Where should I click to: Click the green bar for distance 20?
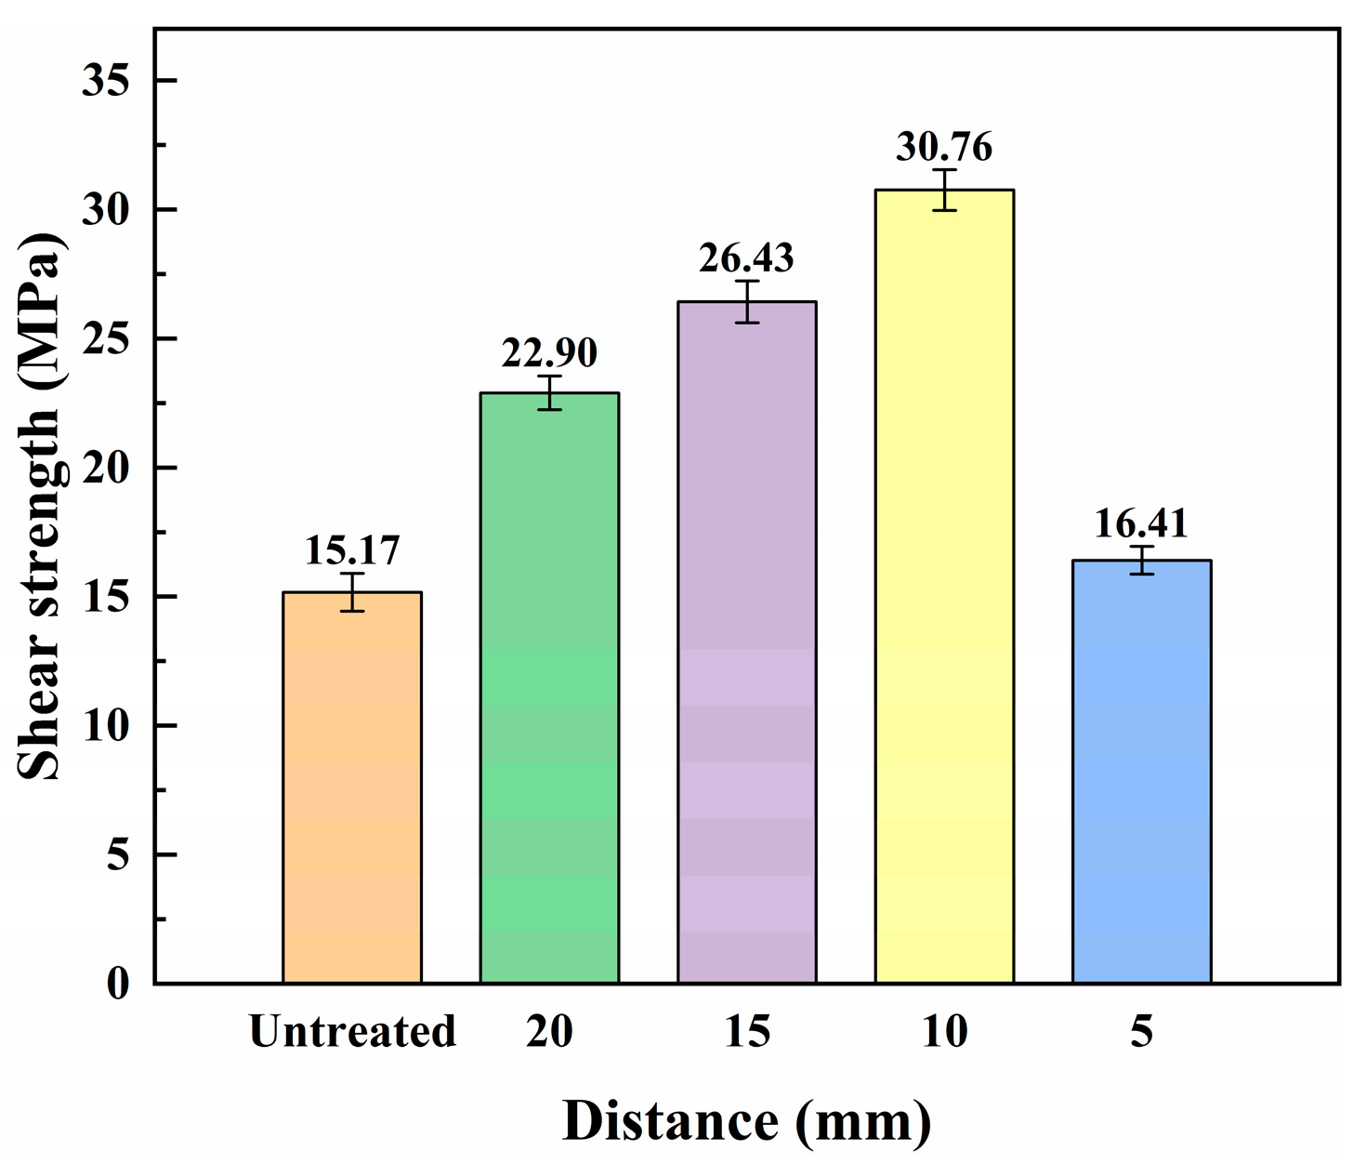pyautogui.click(x=549, y=688)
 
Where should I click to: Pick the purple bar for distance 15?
pyautogui.click(x=747, y=642)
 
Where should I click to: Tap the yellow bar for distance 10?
pyautogui.click(x=944, y=586)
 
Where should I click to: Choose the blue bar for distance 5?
pyautogui.click(x=1141, y=772)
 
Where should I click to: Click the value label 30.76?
pyautogui.click(x=944, y=147)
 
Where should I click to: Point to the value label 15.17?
pyautogui.click(x=352, y=550)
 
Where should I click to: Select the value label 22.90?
pyautogui.click(x=549, y=353)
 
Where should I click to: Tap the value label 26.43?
pyautogui.click(x=747, y=258)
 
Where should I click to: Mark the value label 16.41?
pyautogui.click(x=1141, y=523)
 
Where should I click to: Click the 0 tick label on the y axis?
pyautogui.click(x=117, y=983)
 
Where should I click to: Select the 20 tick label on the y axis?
pyautogui.click(x=104, y=468)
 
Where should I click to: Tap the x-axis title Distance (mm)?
pyautogui.click(x=747, y=1121)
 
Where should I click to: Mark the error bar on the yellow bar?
pyautogui.click(x=944, y=190)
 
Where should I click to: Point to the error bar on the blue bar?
pyautogui.click(x=1141, y=560)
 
